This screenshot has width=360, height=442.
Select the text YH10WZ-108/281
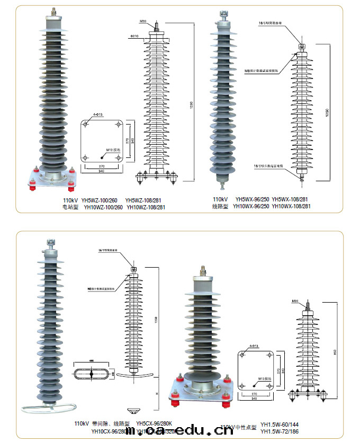[145, 207]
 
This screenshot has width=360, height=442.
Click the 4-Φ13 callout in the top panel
[97, 114]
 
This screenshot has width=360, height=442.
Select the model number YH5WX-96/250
[251, 200]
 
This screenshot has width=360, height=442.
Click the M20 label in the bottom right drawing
[295, 302]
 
